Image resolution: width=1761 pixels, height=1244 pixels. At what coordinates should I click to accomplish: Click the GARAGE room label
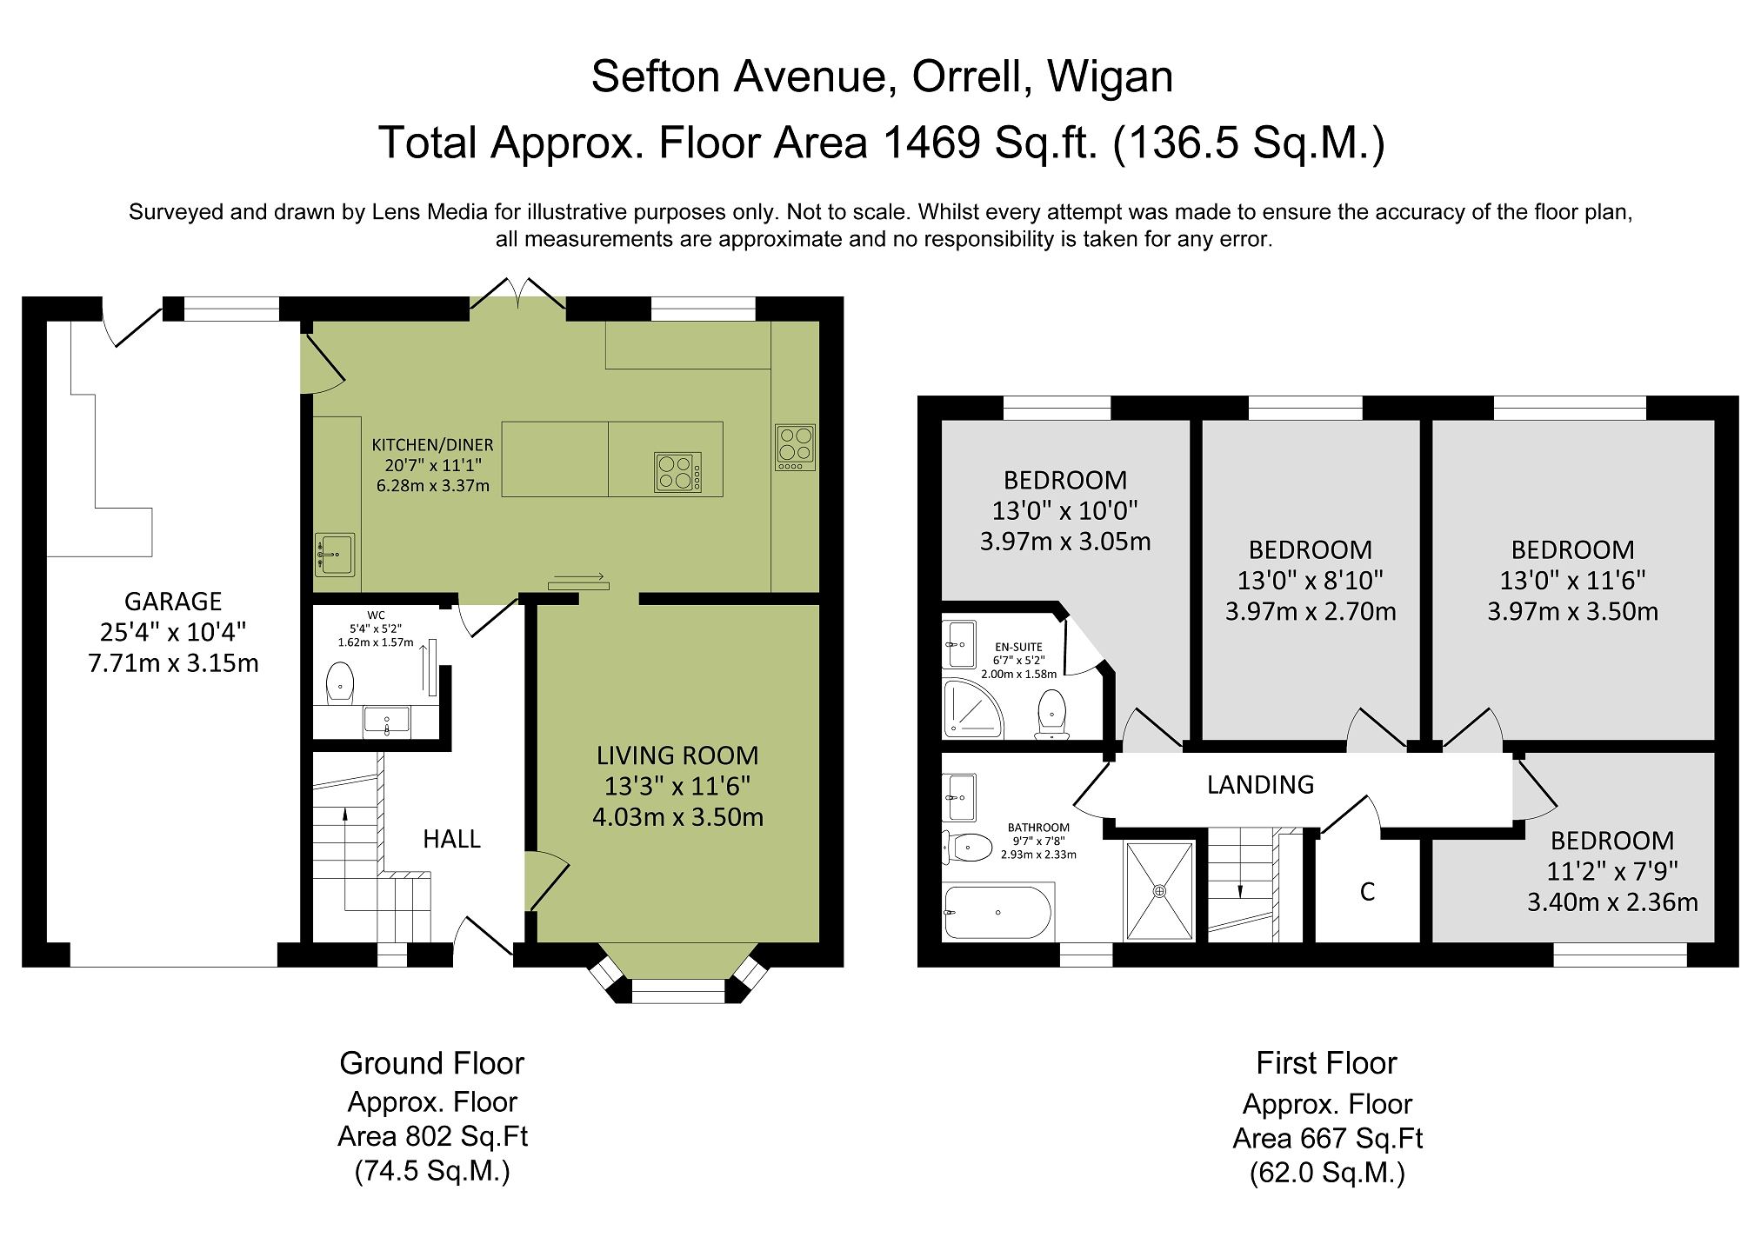[x=173, y=602]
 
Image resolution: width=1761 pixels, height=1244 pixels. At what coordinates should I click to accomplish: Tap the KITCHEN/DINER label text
[x=432, y=445]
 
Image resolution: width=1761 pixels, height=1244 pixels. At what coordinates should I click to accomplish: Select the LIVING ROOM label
[x=677, y=755]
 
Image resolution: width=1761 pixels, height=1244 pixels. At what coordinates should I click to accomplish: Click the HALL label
[x=451, y=839]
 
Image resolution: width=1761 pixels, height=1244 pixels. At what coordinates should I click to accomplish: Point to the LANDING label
[x=1260, y=785]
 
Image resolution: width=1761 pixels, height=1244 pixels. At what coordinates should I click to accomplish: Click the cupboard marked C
[x=1367, y=892]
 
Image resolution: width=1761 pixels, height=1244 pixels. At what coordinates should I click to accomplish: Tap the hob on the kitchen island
[x=677, y=472]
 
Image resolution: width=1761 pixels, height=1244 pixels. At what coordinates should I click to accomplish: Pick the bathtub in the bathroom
[x=997, y=913]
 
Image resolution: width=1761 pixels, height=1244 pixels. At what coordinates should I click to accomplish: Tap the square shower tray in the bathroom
[x=1159, y=891]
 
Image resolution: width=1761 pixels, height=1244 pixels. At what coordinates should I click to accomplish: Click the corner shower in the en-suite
[x=972, y=708]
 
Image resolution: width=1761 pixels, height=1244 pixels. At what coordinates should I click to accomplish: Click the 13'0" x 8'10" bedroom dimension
[x=1311, y=581]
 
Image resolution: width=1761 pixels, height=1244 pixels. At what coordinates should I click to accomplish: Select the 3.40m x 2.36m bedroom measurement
[x=1612, y=902]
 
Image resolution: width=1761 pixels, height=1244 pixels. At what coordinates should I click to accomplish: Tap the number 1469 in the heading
[x=932, y=143]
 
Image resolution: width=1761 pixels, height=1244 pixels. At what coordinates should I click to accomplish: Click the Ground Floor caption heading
[x=432, y=1063]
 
